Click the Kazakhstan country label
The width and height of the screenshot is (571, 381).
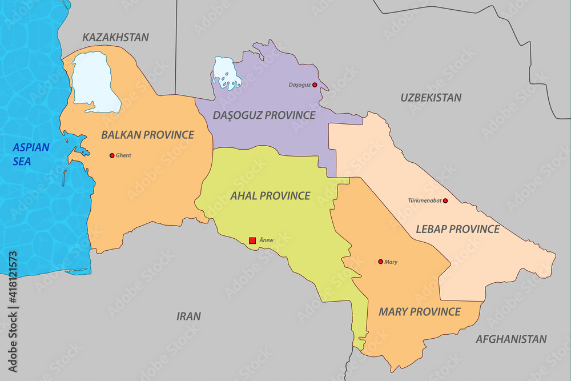(x=115, y=37)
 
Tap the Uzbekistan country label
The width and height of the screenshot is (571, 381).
(x=431, y=98)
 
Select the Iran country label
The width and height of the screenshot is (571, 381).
(x=188, y=316)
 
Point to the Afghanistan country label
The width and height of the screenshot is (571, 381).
(x=511, y=339)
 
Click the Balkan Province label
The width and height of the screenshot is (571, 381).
(x=147, y=135)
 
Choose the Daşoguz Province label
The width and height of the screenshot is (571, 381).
(x=264, y=115)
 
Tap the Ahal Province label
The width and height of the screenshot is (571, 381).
(x=270, y=196)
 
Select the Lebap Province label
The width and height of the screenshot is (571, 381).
(x=457, y=229)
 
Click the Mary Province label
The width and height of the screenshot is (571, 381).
(x=419, y=312)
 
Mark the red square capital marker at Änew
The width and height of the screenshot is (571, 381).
(x=252, y=240)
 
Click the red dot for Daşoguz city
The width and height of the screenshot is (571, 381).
(x=315, y=85)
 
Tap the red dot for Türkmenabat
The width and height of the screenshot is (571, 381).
(x=445, y=200)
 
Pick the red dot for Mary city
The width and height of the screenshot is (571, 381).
(x=380, y=262)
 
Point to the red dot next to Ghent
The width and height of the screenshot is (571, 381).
(x=112, y=155)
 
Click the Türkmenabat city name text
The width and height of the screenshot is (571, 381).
(x=425, y=200)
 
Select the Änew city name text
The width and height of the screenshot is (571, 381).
(x=266, y=240)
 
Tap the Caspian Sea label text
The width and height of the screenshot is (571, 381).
(x=31, y=154)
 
